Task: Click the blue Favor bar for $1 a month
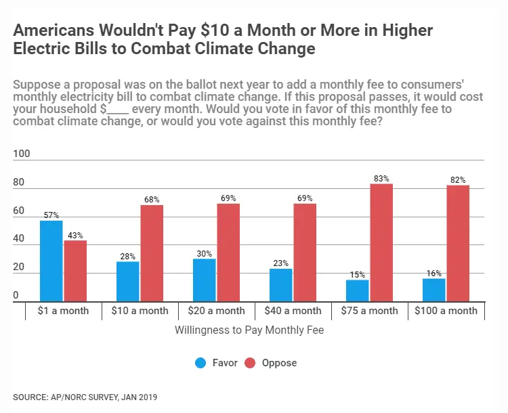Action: (51, 261)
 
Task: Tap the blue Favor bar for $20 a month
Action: (205, 280)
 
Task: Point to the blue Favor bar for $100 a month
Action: (433, 290)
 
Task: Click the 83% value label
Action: (381, 179)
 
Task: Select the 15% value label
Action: (358, 275)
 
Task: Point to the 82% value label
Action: (458, 180)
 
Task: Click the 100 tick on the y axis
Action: (22, 154)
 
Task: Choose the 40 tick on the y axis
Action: (18, 239)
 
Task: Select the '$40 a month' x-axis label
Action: (293, 311)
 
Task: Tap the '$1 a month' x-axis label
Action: (63, 311)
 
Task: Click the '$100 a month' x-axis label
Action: (446, 311)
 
